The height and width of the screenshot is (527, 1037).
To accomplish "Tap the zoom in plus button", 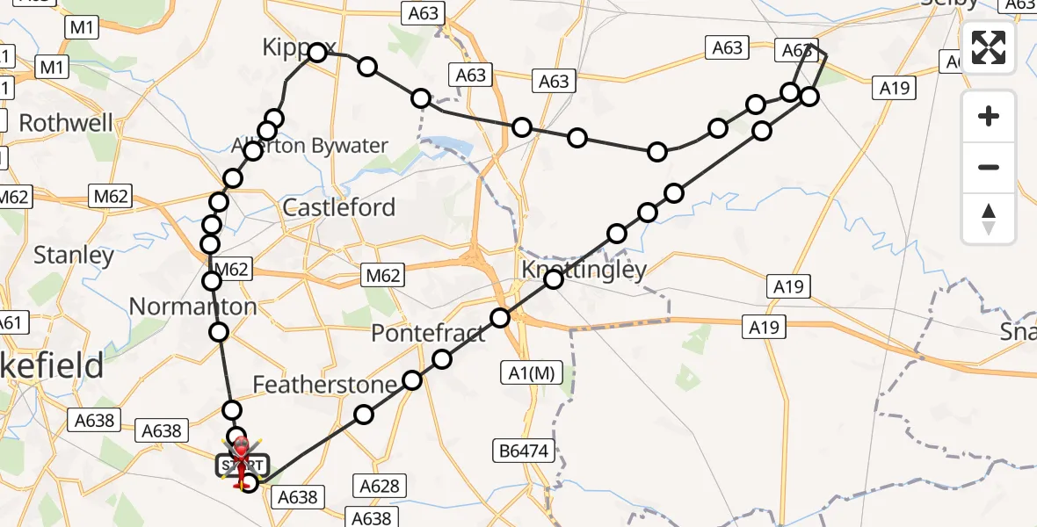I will pos(989,116).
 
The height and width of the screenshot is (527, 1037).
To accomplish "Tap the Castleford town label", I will pos(338,208).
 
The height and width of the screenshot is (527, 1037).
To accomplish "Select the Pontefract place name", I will pos(428,334).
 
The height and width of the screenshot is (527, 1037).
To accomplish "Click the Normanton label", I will pos(192,307).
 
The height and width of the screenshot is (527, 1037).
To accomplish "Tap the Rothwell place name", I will pos(66,123).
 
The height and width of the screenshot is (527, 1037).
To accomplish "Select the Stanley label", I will pos(74,256).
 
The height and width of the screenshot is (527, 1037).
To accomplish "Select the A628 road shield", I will pos(380,485).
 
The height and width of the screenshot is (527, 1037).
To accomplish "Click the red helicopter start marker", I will pos(239,456).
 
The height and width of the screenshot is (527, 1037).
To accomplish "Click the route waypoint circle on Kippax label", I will pos(316,53).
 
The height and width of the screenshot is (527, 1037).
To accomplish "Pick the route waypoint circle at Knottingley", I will pos(554,279).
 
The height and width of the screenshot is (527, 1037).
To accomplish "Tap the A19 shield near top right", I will pos(894,88).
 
